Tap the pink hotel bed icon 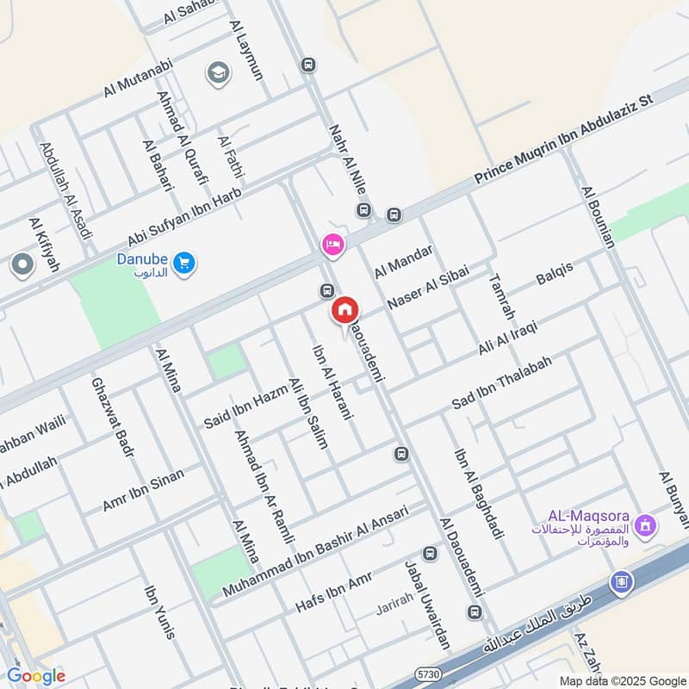click(x=333, y=245)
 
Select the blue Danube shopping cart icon click(x=183, y=263)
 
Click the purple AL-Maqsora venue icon click(x=646, y=524)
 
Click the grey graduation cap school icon click(x=218, y=72)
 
